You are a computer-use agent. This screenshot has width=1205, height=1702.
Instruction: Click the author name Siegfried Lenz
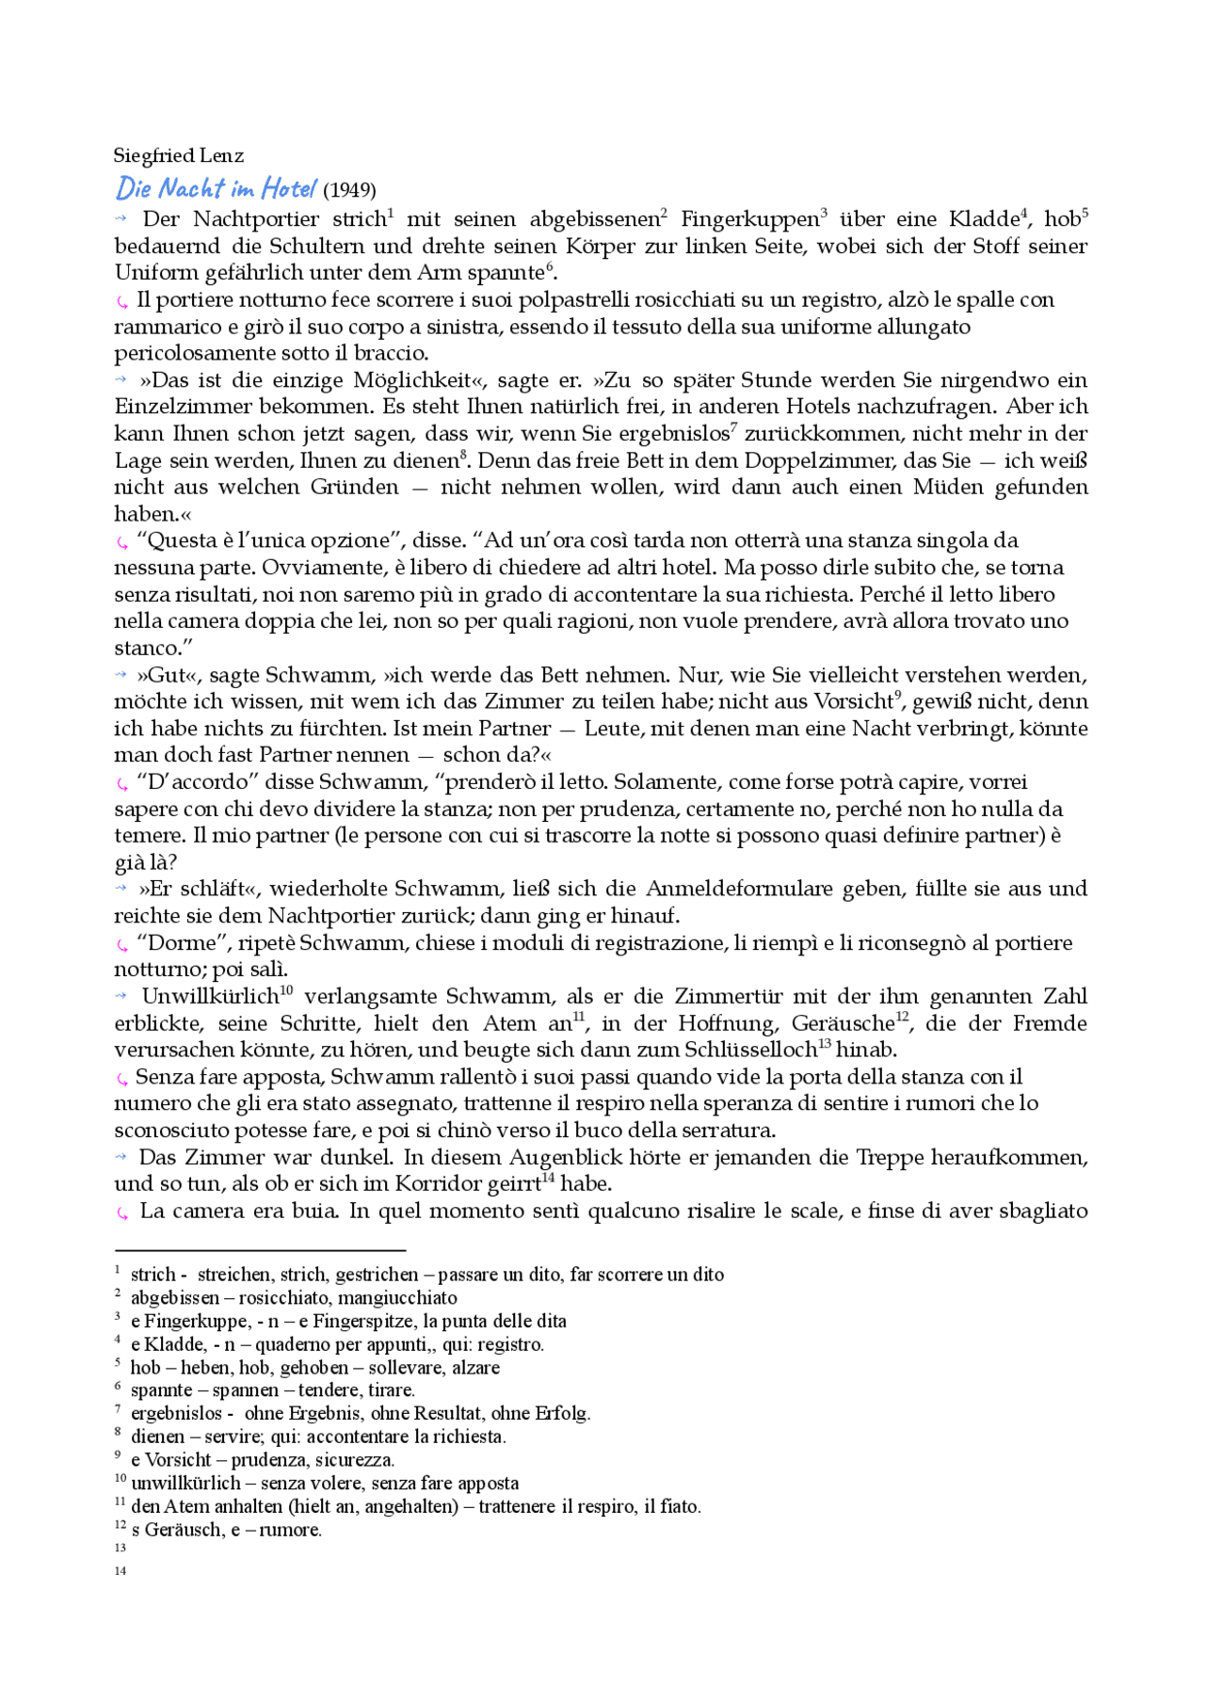[178, 155]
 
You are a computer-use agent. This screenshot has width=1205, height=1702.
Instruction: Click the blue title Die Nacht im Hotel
[216, 188]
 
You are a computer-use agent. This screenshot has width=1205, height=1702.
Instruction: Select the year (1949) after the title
[349, 190]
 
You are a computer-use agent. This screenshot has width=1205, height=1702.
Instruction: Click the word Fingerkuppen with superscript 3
[749, 219]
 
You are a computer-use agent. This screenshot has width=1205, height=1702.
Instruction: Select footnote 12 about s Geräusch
[226, 1530]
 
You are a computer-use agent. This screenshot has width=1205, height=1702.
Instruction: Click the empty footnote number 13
[120, 1549]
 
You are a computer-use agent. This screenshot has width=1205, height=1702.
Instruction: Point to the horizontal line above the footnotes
[259, 1250]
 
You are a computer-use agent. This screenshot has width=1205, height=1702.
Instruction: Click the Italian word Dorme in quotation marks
[185, 943]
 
